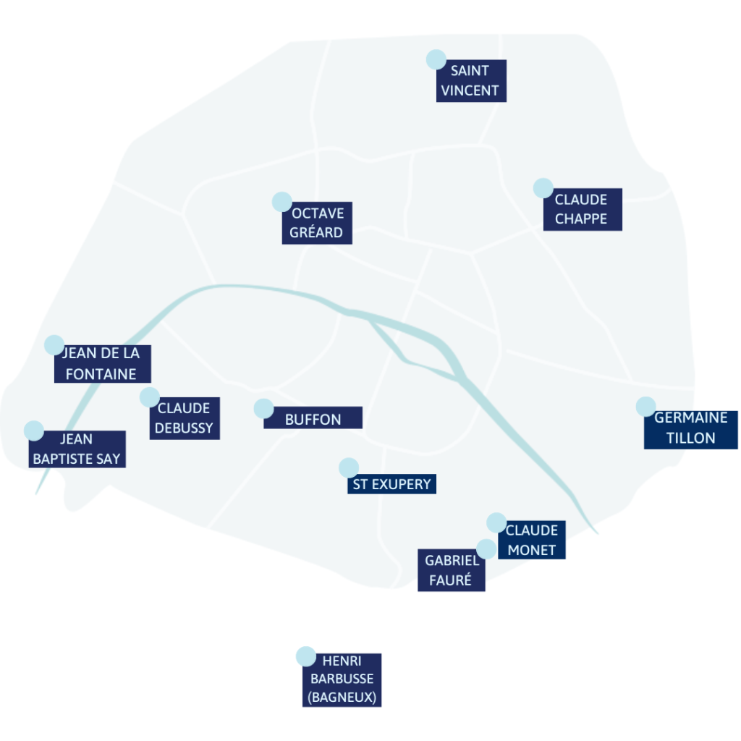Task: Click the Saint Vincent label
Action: tap(471, 81)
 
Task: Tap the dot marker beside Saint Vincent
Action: tap(436, 59)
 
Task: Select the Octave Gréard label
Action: tap(317, 223)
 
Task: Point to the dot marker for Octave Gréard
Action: tap(282, 202)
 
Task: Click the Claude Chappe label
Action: tap(583, 209)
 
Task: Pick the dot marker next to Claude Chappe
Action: tap(543, 188)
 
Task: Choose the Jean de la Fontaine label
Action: tap(103, 364)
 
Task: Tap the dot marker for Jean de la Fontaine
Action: tap(54, 345)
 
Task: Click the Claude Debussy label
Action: tap(185, 418)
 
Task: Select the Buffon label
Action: tap(313, 418)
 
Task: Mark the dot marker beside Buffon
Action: tap(263, 408)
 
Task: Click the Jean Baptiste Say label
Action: tap(77, 449)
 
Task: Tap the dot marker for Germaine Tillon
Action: tap(646, 407)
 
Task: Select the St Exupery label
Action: tap(391, 484)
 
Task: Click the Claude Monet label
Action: tap(532, 540)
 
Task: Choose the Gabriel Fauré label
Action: tap(452, 570)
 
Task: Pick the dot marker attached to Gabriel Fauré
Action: tap(486, 549)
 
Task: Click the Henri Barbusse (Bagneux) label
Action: tap(342, 680)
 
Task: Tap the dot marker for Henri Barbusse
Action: tap(306, 656)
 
